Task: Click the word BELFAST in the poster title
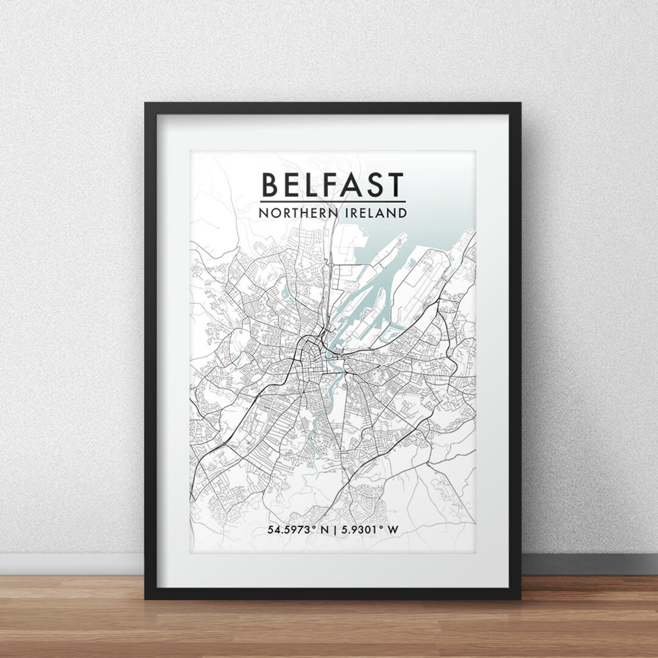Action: tap(333, 184)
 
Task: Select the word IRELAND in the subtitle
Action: tap(376, 213)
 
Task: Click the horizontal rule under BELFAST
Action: tap(333, 201)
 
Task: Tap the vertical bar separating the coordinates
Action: tap(334, 529)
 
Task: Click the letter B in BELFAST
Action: tap(269, 184)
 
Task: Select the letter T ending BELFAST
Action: tap(395, 184)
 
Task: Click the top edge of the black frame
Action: tap(333, 108)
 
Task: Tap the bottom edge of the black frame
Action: tap(333, 593)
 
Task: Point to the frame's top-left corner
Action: tap(147, 105)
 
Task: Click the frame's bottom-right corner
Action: tap(518, 597)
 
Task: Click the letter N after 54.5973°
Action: tap(325, 529)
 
